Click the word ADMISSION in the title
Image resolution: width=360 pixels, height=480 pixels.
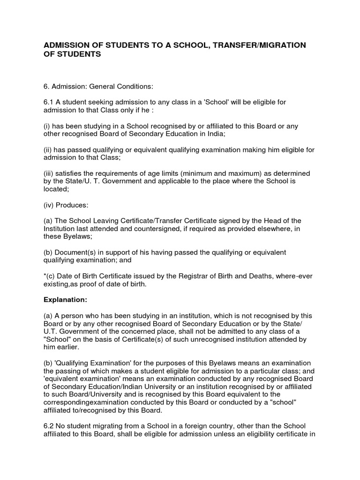[x=66, y=45]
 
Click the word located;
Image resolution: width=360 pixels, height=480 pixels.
[x=56, y=189]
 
